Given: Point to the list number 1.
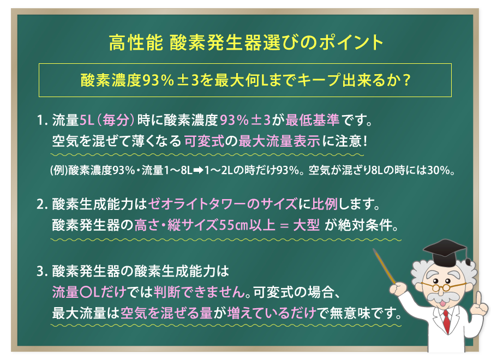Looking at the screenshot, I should pos(41,119).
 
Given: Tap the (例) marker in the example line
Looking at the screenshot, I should pos(58,169).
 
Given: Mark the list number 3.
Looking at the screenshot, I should pos(41,269).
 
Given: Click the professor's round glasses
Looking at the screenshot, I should pos(445,286).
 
